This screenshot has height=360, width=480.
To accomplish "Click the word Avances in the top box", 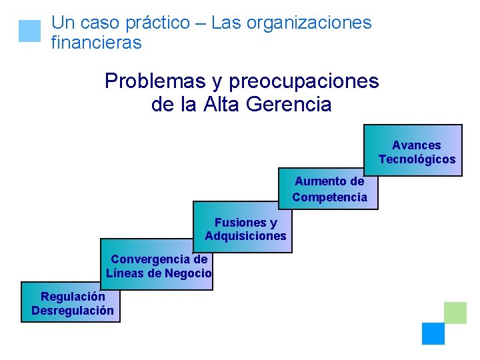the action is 416,145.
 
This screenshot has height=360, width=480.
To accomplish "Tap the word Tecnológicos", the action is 417,159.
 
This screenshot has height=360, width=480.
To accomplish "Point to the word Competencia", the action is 329,197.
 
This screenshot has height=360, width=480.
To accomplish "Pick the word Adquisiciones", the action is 245,236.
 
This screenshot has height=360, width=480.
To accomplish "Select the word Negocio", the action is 189,273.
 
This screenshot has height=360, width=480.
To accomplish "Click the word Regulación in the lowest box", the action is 73,297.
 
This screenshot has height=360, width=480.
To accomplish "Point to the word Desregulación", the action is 72,311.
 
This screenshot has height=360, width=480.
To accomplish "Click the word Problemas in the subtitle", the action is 155,81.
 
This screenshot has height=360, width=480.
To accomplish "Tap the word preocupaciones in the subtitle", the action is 303,81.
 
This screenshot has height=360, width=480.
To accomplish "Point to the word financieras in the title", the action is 96,43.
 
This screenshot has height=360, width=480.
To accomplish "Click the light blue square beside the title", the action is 30,31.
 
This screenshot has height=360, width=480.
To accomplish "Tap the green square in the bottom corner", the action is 455,313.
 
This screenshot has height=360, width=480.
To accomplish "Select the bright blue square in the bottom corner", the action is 433,333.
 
